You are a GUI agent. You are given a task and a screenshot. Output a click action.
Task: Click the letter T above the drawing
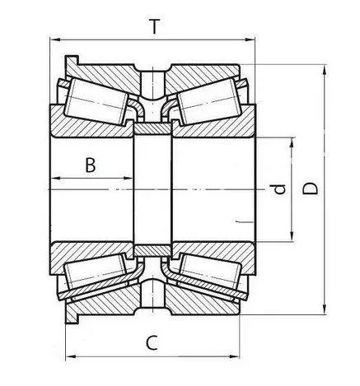[154, 26]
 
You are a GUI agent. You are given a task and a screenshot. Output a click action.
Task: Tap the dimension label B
[91, 165]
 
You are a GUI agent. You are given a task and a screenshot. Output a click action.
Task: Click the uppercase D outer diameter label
[310, 189]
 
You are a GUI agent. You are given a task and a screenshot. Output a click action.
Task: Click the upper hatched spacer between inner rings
[152, 130]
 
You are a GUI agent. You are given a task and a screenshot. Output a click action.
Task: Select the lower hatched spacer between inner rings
[152, 249]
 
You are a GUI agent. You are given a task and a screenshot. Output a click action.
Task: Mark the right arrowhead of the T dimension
[252, 39]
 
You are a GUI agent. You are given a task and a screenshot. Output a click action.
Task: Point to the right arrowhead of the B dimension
[129, 177]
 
